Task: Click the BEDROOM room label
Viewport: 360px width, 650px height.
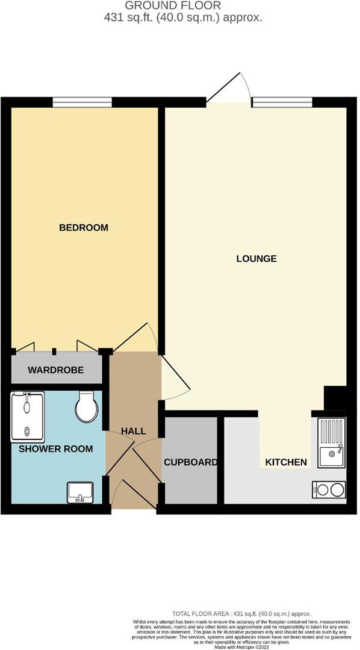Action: tap(83, 227)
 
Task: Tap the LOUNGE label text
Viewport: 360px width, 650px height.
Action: tap(256, 259)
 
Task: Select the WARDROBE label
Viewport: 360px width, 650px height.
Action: tap(55, 370)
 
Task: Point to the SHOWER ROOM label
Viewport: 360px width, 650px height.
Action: tap(55, 448)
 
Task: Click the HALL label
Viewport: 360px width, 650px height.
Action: tap(133, 431)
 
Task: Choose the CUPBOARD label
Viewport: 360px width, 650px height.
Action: tap(190, 462)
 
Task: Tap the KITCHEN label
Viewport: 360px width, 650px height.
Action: tap(286, 462)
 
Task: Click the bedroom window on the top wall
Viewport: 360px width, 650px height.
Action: tap(82, 102)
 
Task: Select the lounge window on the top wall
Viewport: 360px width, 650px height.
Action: tap(282, 102)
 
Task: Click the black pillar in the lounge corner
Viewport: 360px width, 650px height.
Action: tap(335, 398)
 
